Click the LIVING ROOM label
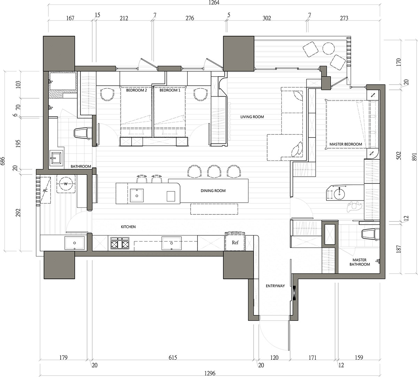(252, 117)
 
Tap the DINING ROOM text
(213, 190)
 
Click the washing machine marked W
(65, 184)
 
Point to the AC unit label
(45, 190)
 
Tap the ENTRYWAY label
(275, 286)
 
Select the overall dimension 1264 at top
(214, 3)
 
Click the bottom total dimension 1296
(210, 373)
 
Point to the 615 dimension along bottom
(173, 358)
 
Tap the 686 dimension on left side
(2, 161)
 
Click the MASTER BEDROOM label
(346, 144)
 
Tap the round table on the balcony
(328, 48)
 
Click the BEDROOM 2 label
(137, 90)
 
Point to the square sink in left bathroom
(56, 158)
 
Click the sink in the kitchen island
(137, 195)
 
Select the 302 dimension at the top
(267, 18)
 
